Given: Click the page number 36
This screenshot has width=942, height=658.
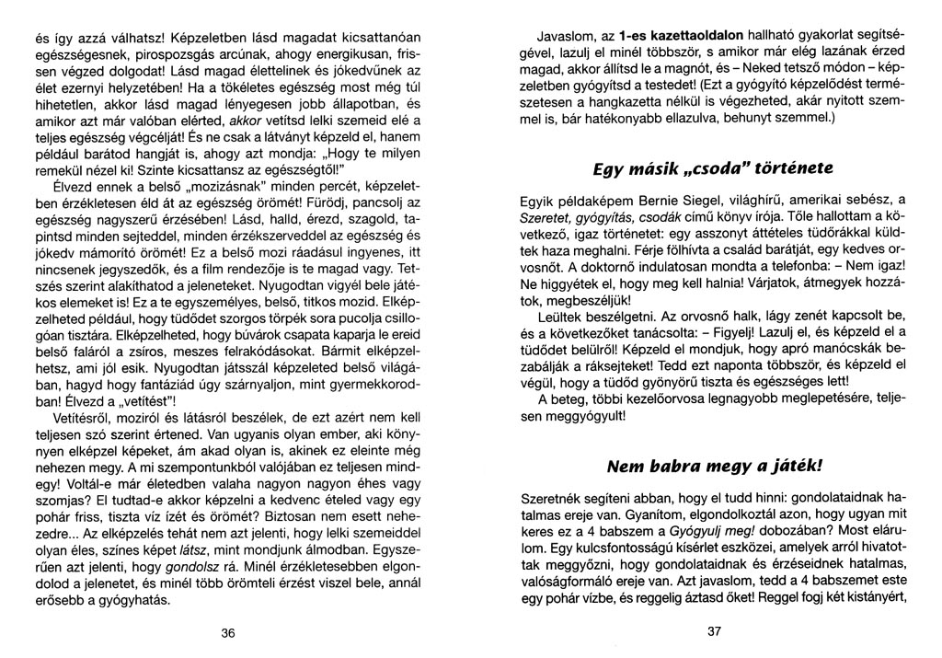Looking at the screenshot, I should tap(229, 632).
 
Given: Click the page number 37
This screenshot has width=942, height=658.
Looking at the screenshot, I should tap(716, 631).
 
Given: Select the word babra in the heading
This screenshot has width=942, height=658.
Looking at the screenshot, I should tap(671, 464).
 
